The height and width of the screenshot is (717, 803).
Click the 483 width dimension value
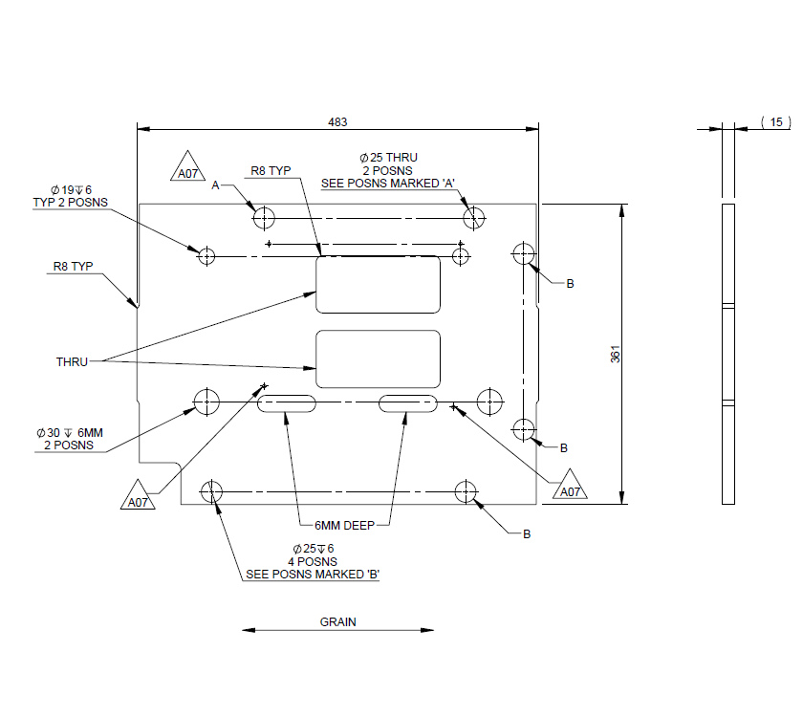pos(337,121)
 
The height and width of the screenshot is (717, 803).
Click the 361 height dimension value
pos(615,354)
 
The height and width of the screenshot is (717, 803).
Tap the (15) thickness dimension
pos(775,121)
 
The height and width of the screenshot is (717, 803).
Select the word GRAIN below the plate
pos(337,621)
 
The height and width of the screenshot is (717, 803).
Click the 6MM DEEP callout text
pos(345,525)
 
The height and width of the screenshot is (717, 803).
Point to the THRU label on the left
pos(72,362)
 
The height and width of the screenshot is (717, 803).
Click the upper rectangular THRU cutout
pos(379,284)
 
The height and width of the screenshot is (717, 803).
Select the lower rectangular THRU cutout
pos(379,359)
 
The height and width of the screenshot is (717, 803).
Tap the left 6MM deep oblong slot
pos(286,403)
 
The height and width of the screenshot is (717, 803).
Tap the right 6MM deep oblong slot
pos(408,403)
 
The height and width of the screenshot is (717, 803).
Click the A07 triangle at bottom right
pos(571,487)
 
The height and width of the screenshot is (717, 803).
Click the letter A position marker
pos(216,185)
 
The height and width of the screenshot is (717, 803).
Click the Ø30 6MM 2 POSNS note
pos(69,439)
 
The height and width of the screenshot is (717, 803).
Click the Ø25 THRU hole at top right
pos(475,217)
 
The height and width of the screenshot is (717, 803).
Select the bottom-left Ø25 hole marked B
pos(211,492)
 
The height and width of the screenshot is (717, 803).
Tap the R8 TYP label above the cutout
pos(271,171)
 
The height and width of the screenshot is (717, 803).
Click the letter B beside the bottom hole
pos(527,533)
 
